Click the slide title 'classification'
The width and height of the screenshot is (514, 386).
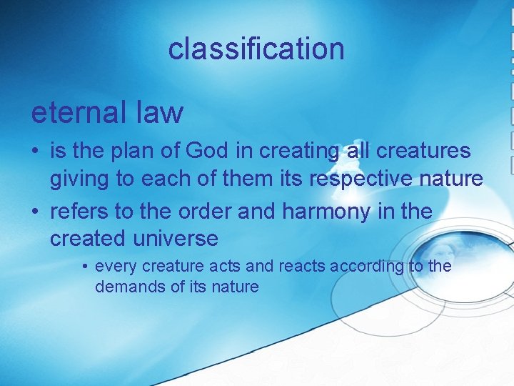click(256, 49)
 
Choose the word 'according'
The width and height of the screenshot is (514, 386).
click(362, 267)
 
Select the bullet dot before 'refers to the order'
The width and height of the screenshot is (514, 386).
click(35, 212)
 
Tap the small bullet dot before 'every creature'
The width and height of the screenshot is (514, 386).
click(85, 267)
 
